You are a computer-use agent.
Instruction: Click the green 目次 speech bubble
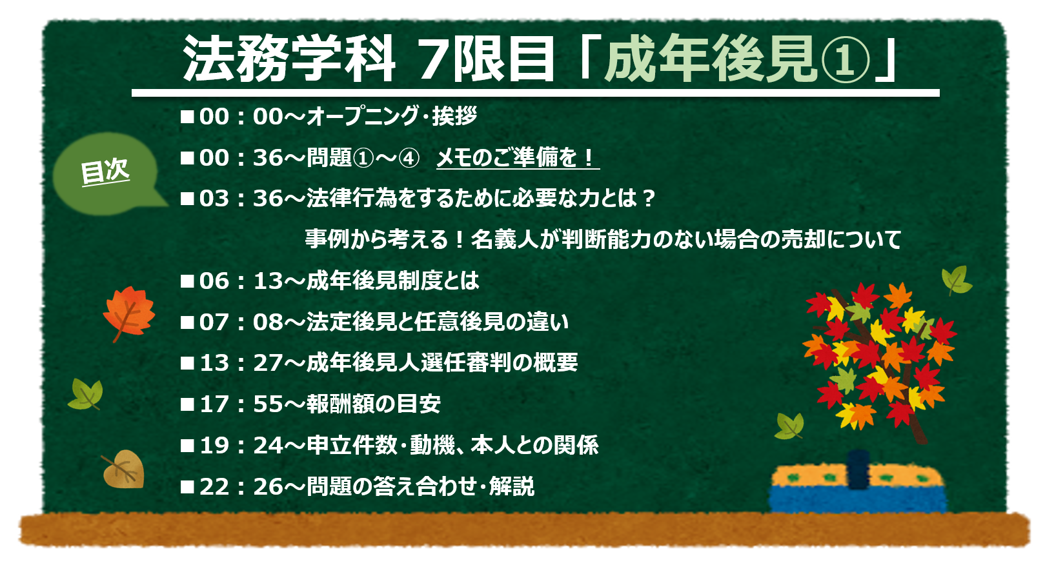[106, 174]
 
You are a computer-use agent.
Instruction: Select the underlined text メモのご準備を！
[517, 158]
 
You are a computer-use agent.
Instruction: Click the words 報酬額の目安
[374, 404]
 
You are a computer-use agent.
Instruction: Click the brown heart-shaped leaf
[123, 469]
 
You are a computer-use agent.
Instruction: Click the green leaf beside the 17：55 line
[86, 394]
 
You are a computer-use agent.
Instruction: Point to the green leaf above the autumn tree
[956, 280]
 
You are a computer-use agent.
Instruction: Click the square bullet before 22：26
[187, 487]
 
